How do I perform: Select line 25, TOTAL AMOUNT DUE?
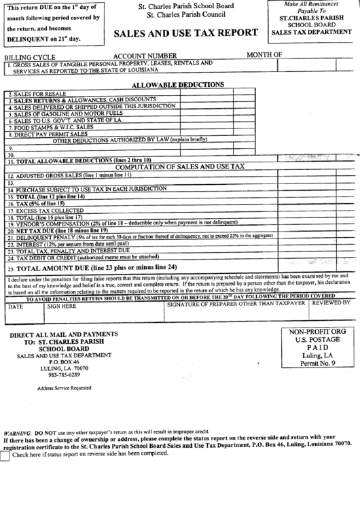[x=95, y=266]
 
